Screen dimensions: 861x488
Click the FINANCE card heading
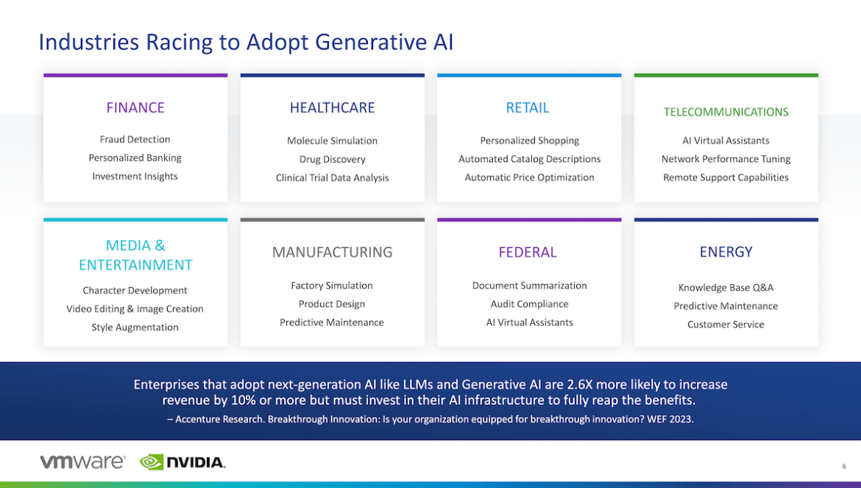135,107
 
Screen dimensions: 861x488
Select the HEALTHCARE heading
332,107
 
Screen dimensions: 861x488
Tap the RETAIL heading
527,107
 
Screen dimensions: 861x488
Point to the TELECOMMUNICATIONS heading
726,112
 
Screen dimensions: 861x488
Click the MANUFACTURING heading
332,252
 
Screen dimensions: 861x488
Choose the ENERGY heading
726,252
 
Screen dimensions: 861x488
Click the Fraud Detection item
135,139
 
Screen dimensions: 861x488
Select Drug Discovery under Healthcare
332,159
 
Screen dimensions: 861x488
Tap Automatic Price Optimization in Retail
529,177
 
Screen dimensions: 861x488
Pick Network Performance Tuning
726,159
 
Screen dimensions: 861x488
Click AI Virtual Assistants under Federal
529,322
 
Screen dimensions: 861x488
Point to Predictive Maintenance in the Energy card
726,305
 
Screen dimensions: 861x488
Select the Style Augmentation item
135,327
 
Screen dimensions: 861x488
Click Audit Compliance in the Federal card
529,304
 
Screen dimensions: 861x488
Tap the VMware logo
82,462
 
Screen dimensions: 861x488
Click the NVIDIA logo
183,462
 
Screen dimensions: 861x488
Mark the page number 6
844,466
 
